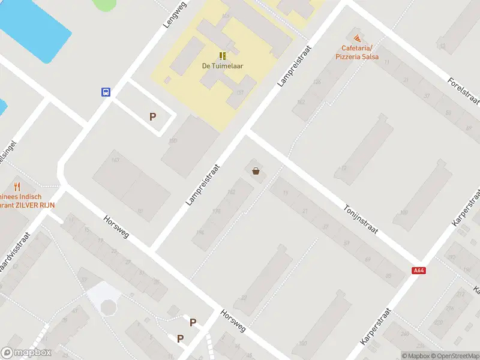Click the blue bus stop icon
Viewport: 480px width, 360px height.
pos(106,92)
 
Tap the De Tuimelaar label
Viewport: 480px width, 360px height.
pos(222,67)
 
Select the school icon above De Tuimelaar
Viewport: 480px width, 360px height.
pos(222,55)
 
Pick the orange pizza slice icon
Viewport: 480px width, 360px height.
pos(358,38)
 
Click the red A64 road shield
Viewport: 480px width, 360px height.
pos(419,271)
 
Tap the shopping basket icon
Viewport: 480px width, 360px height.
pos(256,172)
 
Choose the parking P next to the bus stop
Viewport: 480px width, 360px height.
pos(153,117)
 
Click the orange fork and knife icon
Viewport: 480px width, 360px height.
pos(17,187)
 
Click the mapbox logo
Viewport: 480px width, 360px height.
pos(26,353)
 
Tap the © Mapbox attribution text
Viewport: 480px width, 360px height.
pos(415,356)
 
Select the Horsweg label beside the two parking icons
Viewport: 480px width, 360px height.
pos(233,321)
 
